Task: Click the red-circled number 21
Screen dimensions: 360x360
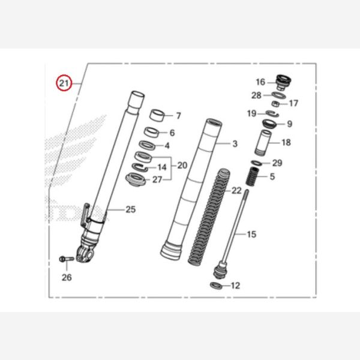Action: pyautogui.click(x=64, y=82)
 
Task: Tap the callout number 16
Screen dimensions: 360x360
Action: pyautogui.click(x=260, y=82)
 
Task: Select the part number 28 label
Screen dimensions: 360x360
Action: pyautogui.click(x=256, y=95)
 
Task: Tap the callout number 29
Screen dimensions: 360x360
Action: pyautogui.click(x=277, y=163)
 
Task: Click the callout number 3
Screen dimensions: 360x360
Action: pyautogui.click(x=235, y=144)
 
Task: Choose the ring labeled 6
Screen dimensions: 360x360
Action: pyautogui.click(x=152, y=132)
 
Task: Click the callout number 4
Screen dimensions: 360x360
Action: pyautogui.click(x=167, y=145)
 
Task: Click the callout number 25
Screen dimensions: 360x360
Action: pyautogui.click(x=131, y=209)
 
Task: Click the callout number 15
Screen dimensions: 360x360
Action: pyautogui.click(x=251, y=234)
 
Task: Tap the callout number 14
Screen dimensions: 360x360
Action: pyautogui.click(x=162, y=167)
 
